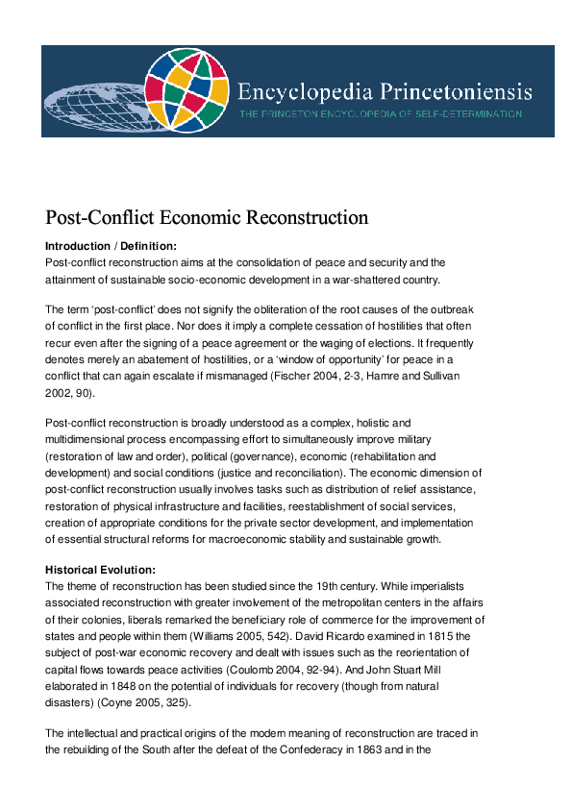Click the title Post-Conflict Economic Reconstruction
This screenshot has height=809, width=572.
(207, 217)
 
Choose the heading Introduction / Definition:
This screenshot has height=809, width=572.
(112, 246)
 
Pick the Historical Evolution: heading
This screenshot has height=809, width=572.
(101, 570)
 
